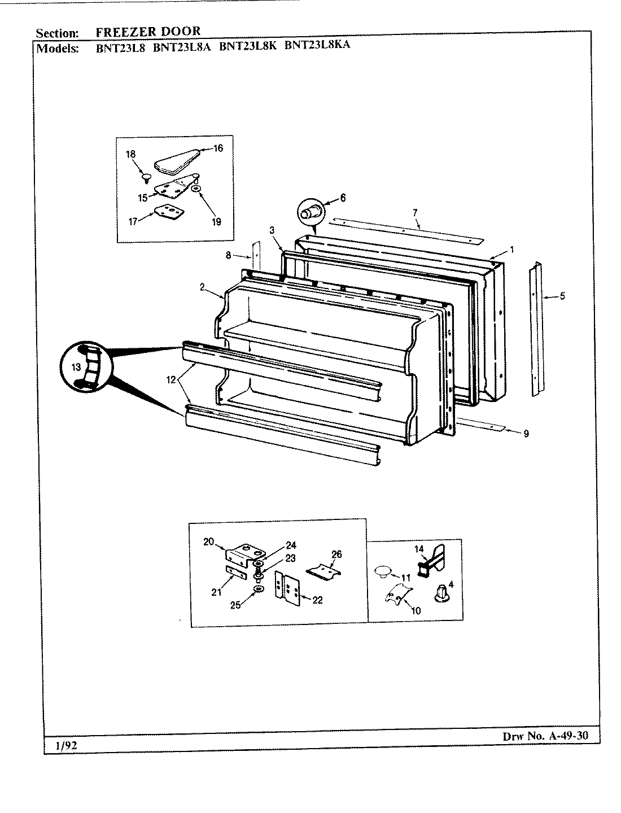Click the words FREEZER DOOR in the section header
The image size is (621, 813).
148,32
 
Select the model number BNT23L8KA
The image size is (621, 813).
317,46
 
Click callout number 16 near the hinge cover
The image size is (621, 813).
218,148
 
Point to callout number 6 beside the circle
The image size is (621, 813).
343,198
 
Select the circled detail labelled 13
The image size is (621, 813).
84,368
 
